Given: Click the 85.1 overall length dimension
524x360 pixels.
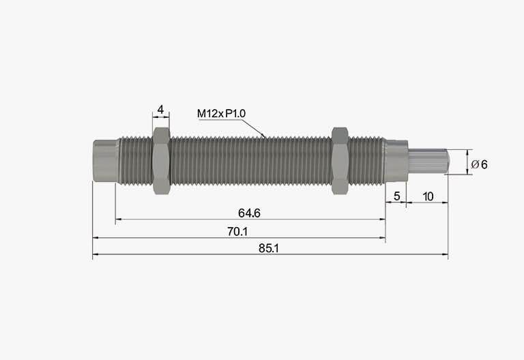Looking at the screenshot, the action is (x=268, y=248).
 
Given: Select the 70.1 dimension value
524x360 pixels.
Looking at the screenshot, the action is (x=237, y=231).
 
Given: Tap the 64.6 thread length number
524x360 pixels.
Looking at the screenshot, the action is (x=249, y=213).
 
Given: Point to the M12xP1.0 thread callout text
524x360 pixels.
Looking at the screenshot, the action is (x=221, y=114).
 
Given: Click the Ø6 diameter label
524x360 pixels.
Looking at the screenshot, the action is (x=479, y=164).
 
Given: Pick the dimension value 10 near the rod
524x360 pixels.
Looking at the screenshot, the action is (x=428, y=196).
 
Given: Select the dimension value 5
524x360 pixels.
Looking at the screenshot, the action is (x=396, y=196).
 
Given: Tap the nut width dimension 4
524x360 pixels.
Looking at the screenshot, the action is (x=161, y=109).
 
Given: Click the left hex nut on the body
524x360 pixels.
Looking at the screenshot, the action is (x=162, y=161).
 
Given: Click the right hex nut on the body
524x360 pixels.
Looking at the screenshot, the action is (x=340, y=161).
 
